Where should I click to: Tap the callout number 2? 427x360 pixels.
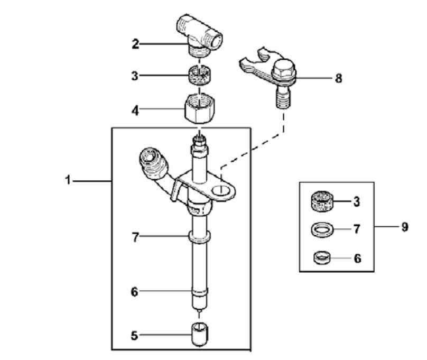[136, 44]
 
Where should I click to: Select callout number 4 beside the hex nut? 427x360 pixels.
[136, 111]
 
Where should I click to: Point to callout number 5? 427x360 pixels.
[134, 335]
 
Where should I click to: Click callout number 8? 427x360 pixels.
[338, 78]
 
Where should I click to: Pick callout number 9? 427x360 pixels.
[404, 227]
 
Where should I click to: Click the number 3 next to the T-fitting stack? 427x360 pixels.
[136, 76]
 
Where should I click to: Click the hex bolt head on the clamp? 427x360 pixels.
[282, 70]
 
